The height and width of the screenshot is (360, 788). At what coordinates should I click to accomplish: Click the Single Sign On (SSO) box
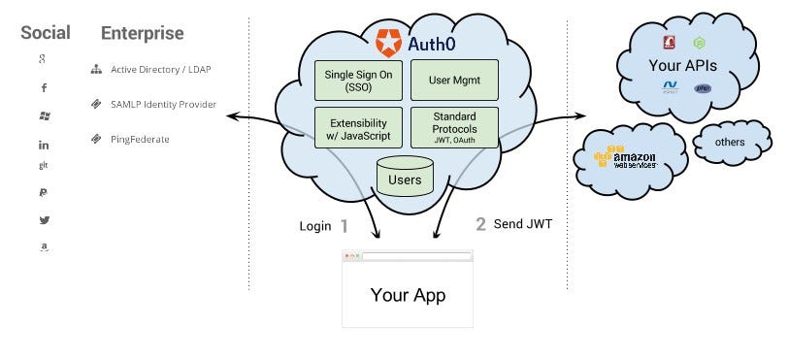pos(357,81)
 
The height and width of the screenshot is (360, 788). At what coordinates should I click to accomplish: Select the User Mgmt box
pos(454,81)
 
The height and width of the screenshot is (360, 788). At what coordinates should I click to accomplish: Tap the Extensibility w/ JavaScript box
pos(357,129)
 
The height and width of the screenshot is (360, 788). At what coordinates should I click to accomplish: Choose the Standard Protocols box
pos(454,129)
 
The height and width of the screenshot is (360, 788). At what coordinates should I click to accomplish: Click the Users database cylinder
pos(405,179)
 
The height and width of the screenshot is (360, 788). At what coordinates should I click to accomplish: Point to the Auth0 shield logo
pos(388,43)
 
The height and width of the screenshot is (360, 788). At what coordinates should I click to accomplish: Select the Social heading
pos(46,33)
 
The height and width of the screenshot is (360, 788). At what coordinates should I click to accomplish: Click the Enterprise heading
pos(142,33)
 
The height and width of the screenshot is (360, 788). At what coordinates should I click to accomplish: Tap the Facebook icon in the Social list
pos(45,88)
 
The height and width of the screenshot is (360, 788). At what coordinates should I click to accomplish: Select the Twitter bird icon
pos(45,220)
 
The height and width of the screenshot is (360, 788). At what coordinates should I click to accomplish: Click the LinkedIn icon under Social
pos(45,145)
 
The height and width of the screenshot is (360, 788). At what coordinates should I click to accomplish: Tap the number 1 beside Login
pos(343,226)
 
